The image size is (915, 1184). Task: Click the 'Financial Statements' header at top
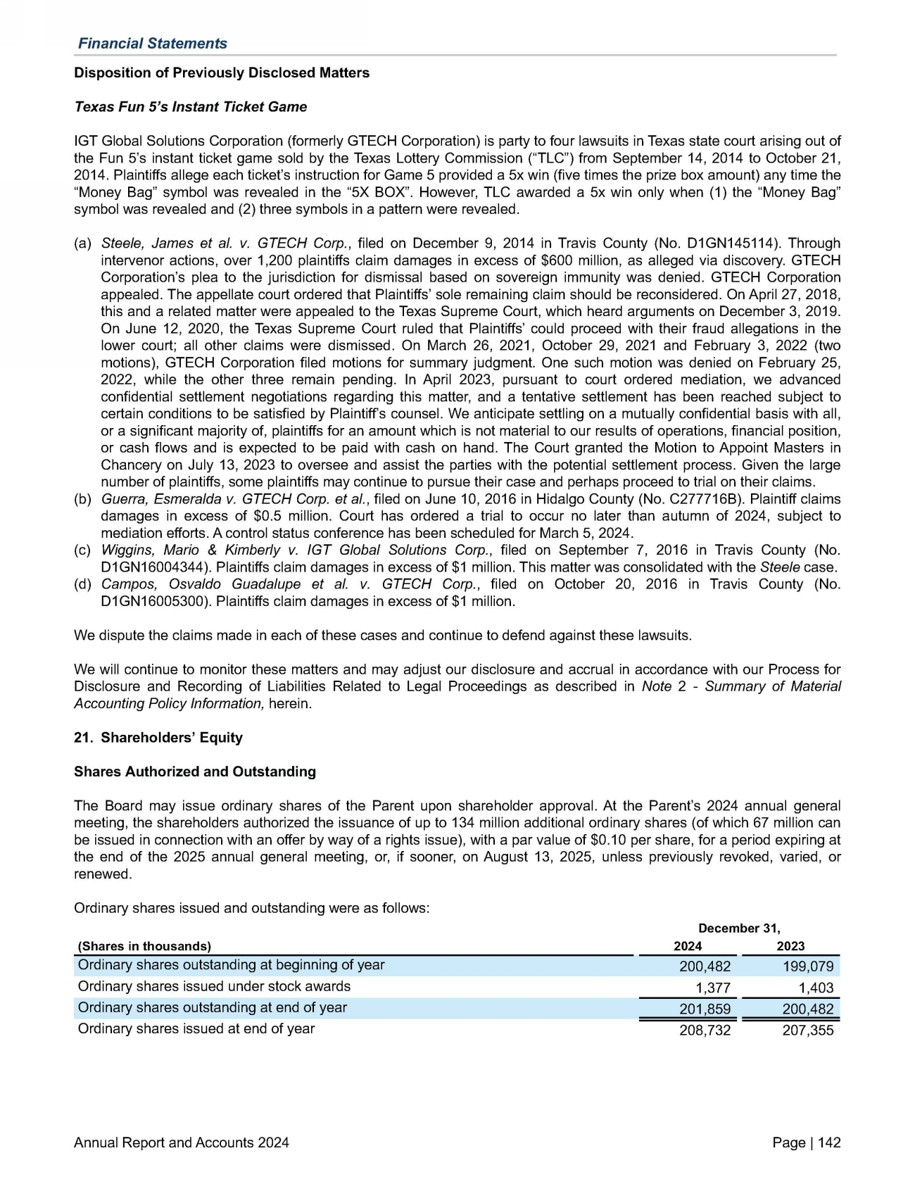(x=152, y=43)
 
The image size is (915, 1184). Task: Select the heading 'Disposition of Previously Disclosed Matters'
(x=222, y=73)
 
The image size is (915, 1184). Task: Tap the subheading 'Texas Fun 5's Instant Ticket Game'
(x=190, y=106)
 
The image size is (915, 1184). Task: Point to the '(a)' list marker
(x=82, y=244)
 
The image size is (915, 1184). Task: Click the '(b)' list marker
(x=82, y=499)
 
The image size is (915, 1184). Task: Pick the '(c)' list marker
(x=82, y=550)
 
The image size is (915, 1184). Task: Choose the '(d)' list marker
(x=82, y=584)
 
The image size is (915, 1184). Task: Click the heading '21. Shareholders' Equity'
(x=158, y=737)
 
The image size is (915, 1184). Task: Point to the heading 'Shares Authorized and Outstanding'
(x=195, y=772)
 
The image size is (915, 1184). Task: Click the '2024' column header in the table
(x=688, y=946)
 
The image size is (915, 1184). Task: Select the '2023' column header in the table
(x=790, y=946)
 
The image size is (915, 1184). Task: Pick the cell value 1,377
(x=712, y=988)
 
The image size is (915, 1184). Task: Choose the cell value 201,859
(x=705, y=1009)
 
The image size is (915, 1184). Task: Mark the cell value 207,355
(x=808, y=1031)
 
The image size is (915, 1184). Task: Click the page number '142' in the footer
(x=829, y=1142)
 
